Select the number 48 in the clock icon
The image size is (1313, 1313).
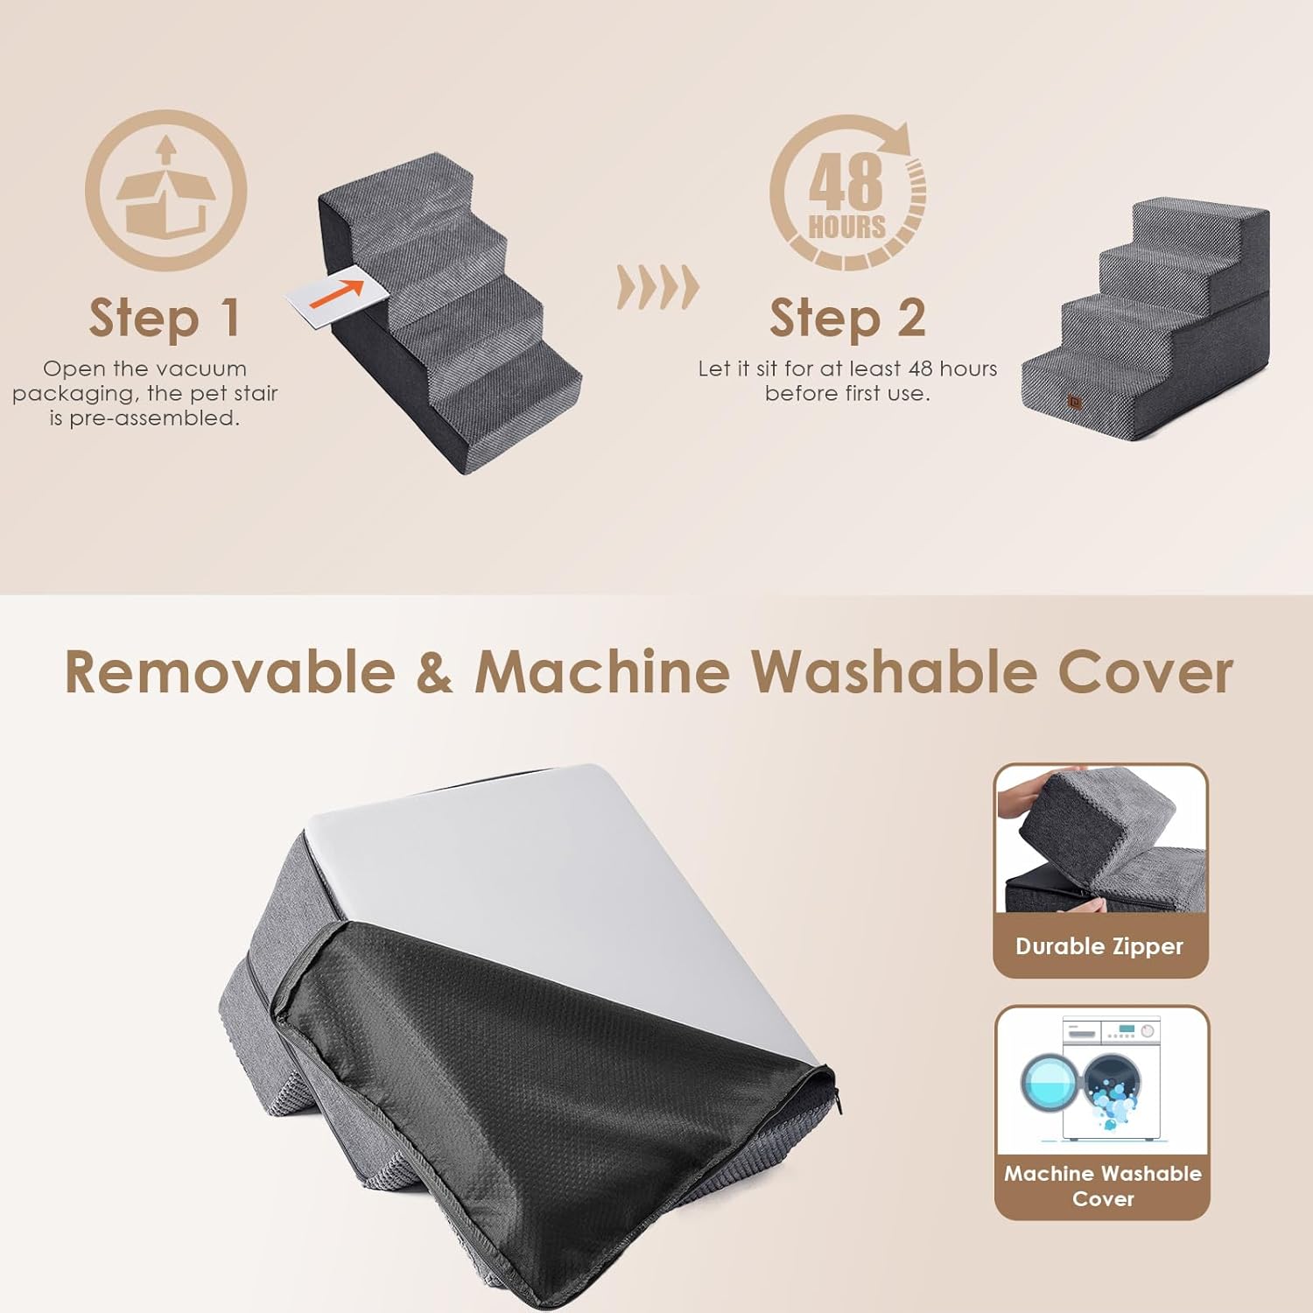click(846, 181)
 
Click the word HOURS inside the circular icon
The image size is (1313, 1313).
click(846, 227)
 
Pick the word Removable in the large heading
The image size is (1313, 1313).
click(229, 672)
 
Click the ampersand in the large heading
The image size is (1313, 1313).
click(435, 672)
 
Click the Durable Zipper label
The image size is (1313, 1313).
click(1099, 946)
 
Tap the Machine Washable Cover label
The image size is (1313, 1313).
click(1103, 1186)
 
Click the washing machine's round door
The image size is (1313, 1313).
click(1050, 1083)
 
